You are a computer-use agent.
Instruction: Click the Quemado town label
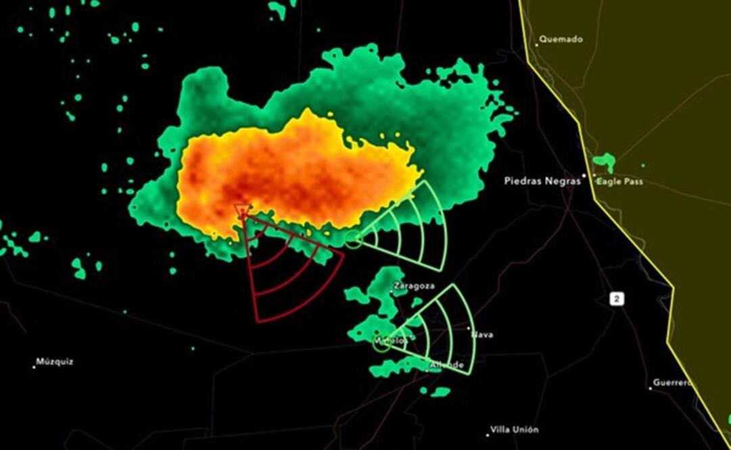click(x=561, y=39)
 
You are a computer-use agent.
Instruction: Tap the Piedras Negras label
click(x=542, y=181)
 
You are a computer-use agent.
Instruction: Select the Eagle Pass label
click(x=619, y=182)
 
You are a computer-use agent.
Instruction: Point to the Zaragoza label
click(x=415, y=286)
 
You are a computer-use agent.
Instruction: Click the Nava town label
click(x=483, y=334)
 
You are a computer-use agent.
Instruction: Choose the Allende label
click(x=448, y=365)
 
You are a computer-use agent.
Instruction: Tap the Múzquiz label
click(x=55, y=361)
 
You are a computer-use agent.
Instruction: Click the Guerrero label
click(x=673, y=383)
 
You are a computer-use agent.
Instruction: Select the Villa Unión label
click(x=515, y=430)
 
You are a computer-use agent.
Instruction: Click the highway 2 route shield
click(x=616, y=299)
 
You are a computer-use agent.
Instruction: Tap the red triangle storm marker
click(x=241, y=211)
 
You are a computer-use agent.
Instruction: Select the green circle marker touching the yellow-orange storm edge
click(x=353, y=239)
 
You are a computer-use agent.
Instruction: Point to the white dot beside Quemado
click(x=538, y=45)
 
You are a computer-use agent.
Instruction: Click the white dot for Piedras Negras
click(x=586, y=176)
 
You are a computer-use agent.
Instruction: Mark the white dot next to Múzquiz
click(x=34, y=367)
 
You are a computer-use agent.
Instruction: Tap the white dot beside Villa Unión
click(x=488, y=434)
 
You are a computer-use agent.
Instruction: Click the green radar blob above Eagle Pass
click(x=603, y=162)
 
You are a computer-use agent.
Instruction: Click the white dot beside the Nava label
click(x=469, y=328)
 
